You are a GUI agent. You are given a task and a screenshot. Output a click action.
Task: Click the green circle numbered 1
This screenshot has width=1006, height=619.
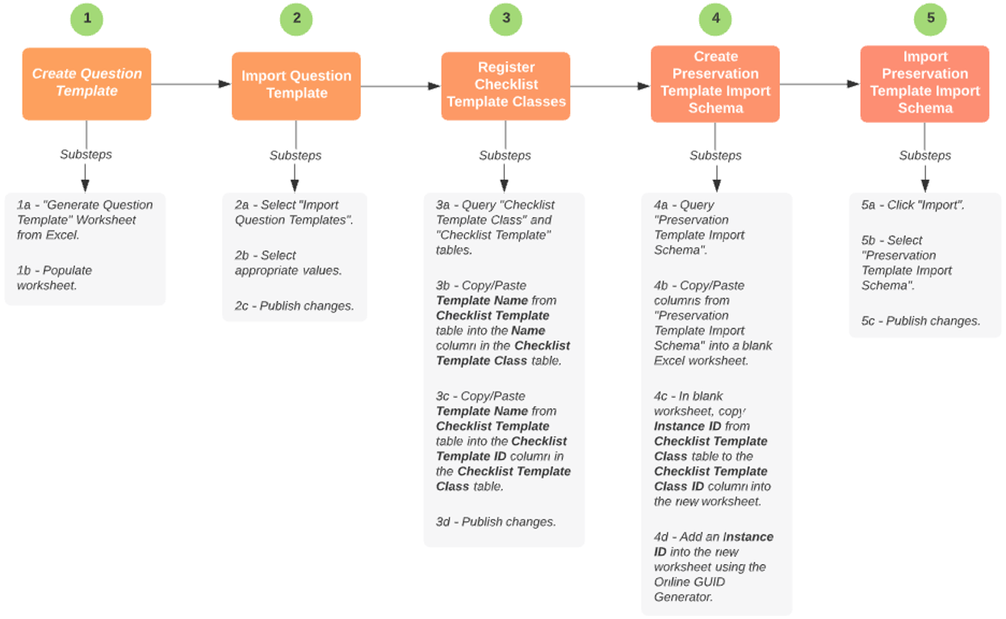pyautogui.click(x=86, y=19)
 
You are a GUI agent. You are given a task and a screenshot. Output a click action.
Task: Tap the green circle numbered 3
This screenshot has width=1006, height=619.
pyautogui.click(x=505, y=19)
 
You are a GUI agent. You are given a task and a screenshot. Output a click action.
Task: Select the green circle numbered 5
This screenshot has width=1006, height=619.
pyautogui.click(x=930, y=19)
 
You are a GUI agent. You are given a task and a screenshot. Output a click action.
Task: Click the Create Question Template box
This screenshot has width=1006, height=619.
pyautogui.click(x=86, y=83)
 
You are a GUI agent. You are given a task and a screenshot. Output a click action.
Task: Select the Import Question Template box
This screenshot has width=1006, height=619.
pyautogui.click(x=296, y=86)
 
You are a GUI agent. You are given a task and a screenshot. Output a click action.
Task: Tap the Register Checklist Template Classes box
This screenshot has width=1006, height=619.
pyautogui.click(x=505, y=86)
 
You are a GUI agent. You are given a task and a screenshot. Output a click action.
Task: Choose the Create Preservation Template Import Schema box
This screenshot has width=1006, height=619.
pyautogui.click(x=715, y=83)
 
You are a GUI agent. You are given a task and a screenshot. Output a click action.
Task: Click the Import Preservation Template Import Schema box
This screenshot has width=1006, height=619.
pyautogui.click(x=924, y=83)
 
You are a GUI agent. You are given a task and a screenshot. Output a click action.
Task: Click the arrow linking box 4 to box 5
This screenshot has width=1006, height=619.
pyautogui.click(x=819, y=83)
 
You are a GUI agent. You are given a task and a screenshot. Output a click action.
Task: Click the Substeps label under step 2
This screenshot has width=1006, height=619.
pyautogui.click(x=296, y=155)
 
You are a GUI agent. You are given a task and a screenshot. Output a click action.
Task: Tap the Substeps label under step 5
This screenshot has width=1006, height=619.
pyautogui.click(x=925, y=155)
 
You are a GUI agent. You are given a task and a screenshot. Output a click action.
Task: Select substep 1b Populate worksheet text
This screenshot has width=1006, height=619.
pyautogui.click(x=55, y=278)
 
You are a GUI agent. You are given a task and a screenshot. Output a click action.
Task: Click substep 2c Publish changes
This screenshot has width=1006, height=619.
pyautogui.click(x=294, y=306)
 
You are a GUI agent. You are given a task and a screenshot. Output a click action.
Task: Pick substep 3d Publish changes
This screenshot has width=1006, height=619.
pyautogui.click(x=496, y=522)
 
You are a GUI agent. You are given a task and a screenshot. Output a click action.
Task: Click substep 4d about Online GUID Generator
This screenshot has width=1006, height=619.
pyautogui.click(x=713, y=567)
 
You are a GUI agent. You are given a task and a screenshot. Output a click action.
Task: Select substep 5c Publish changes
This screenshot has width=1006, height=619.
pyautogui.click(x=921, y=320)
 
